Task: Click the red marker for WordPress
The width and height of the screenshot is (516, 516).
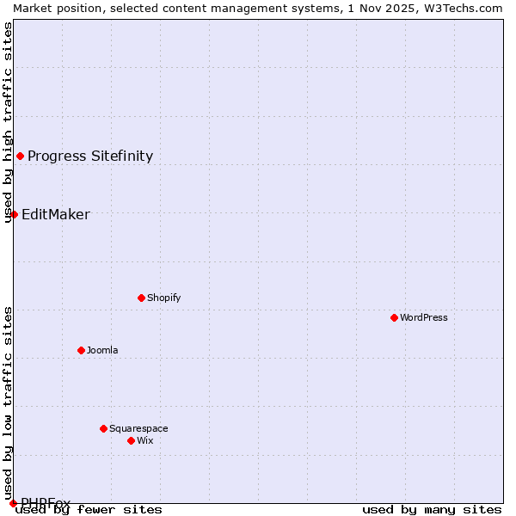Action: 394,317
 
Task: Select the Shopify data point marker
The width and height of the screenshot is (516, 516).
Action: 141,298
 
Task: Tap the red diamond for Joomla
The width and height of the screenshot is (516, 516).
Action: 81,350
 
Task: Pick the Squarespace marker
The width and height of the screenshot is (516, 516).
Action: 103,428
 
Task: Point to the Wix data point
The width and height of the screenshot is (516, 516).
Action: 131,440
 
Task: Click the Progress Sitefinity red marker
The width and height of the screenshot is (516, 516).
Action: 20,156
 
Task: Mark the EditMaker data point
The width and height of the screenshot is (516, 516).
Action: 14,214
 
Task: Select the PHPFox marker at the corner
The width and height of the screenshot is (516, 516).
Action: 13,503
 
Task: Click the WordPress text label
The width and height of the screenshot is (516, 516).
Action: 424,317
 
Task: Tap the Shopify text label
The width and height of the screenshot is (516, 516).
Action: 164,298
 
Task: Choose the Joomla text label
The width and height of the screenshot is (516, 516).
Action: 102,350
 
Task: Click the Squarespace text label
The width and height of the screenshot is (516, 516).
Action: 138,428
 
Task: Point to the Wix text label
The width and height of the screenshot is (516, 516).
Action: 145,440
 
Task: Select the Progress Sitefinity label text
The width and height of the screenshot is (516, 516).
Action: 90,156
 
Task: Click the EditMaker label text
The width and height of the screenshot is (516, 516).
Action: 56,214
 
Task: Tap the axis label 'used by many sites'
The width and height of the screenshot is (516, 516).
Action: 432,509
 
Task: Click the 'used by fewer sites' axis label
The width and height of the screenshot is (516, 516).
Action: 89,509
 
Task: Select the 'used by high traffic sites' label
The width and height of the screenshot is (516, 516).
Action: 8,122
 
